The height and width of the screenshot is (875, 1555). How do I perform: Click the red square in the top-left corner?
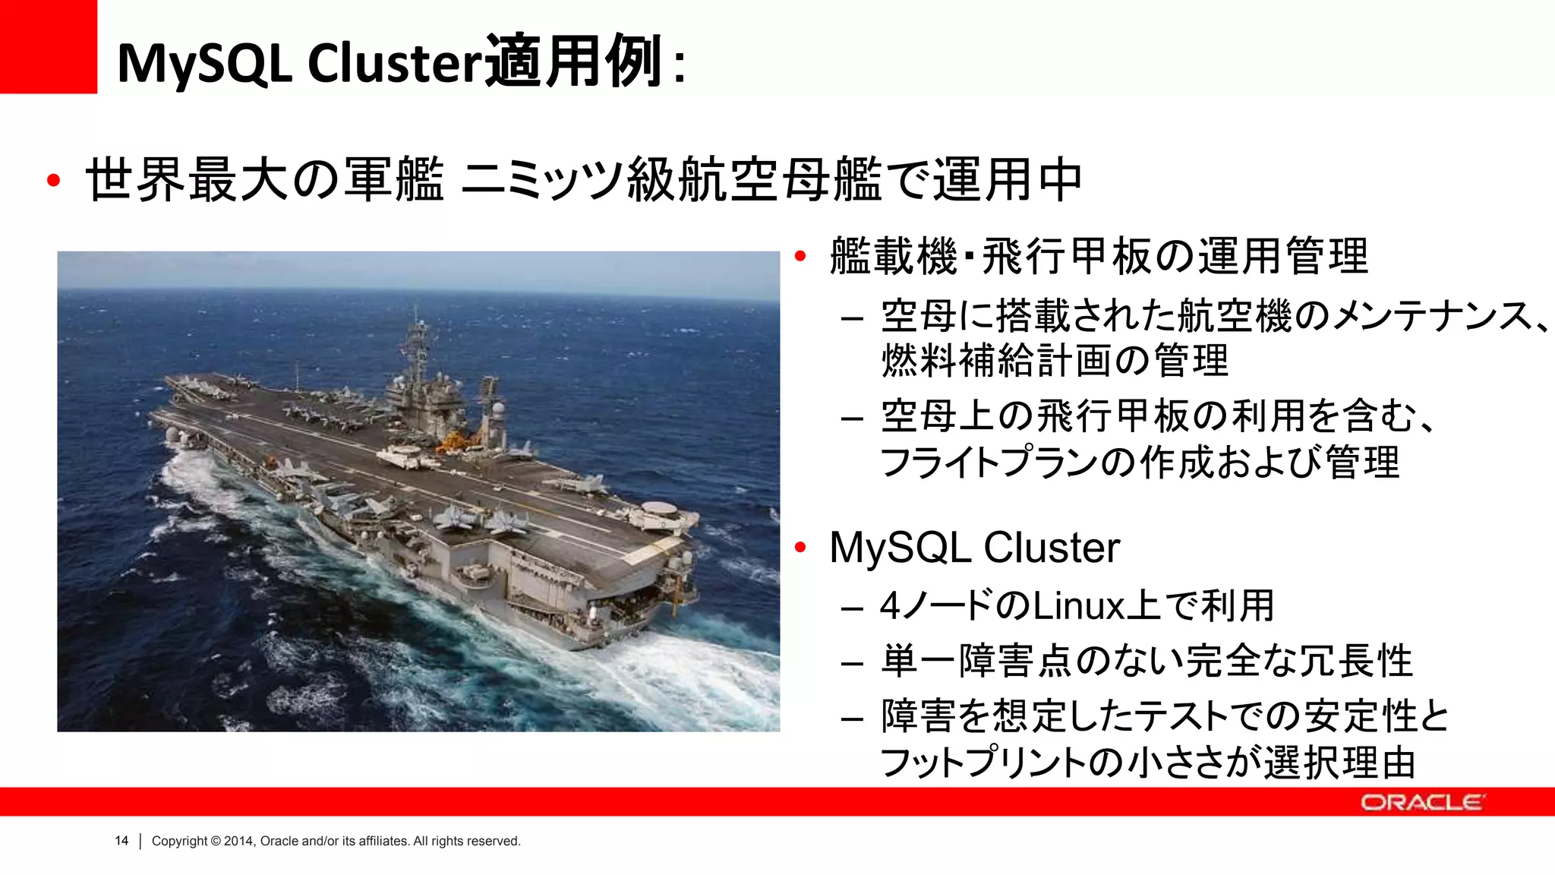pyautogui.click(x=48, y=46)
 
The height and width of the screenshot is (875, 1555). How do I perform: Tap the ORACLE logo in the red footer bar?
pyautogui.click(x=1421, y=803)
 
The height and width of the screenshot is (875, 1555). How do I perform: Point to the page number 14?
pyautogui.click(x=121, y=841)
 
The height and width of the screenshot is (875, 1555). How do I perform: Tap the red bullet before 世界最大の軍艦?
pyautogui.click(x=53, y=181)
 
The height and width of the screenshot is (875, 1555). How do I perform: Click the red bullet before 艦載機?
pyautogui.click(x=800, y=257)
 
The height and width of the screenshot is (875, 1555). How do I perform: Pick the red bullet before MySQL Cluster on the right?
pyautogui.click(x=800, y=547)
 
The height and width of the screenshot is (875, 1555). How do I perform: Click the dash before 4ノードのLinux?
pyautogui.click(x=852, y=608)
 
